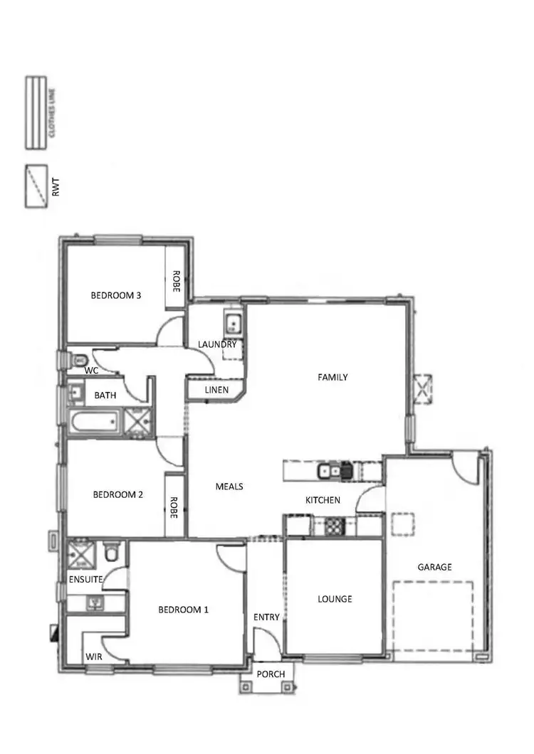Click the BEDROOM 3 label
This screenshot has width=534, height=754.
(x=115, y=295)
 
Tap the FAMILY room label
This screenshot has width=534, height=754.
(x=333, y=378)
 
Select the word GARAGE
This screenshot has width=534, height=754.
(x=434, y=567)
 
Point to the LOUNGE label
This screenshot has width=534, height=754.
(x=335, y=599)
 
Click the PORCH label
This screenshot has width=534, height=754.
(x=271, y=674)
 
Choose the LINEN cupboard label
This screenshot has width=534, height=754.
(x=216, y=391)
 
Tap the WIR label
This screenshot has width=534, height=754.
(x=94, y=657)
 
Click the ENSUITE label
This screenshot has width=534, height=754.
(x=86, y=580)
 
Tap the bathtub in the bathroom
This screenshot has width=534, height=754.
(x=94, y=423)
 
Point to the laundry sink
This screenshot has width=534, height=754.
(x=233, y=323)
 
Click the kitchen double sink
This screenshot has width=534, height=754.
(x=333, y=470)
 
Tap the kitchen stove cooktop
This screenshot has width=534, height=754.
(x=335, y=526)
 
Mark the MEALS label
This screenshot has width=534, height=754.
(x=229, y=487)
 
